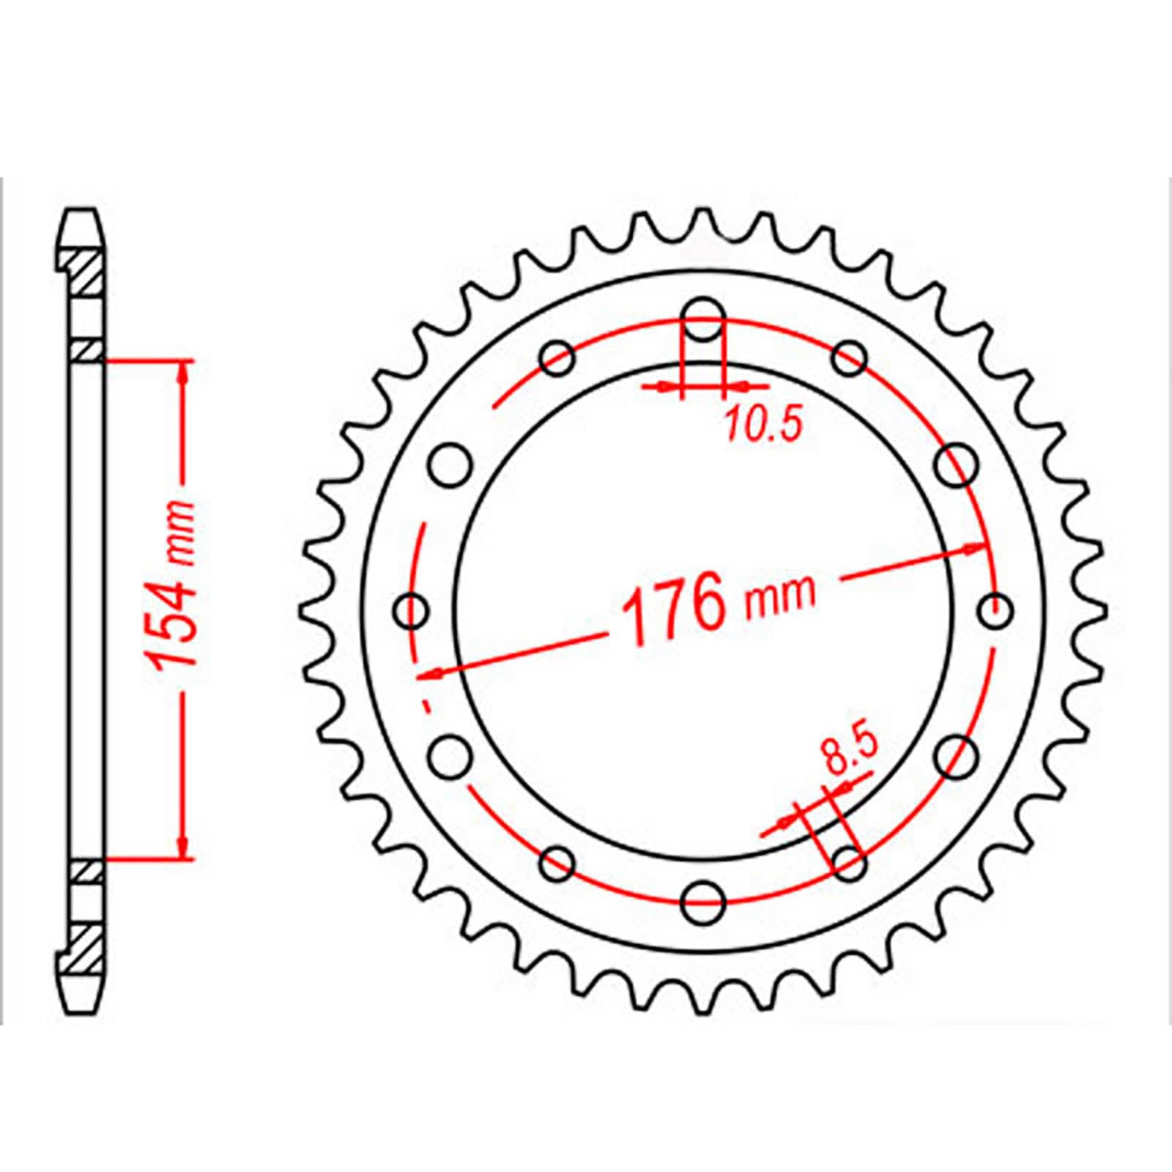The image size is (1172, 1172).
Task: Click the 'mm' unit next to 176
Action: pos(780,595)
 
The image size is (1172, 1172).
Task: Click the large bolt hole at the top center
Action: pos(703,320)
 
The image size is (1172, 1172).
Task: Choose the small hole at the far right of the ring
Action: pos(994,610)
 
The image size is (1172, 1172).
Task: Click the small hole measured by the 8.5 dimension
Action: pos(849,862)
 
